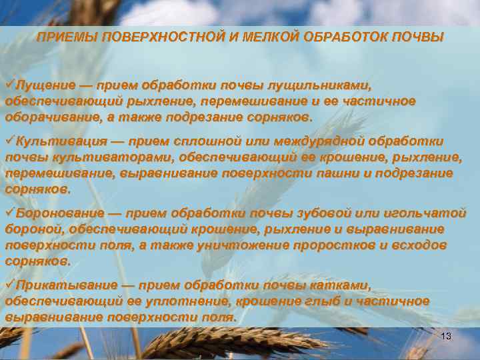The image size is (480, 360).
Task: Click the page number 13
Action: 446,337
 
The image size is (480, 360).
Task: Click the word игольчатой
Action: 427,214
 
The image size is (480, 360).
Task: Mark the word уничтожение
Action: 245,245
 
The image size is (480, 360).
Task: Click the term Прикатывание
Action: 65,286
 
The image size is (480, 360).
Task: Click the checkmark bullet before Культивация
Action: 10,141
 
